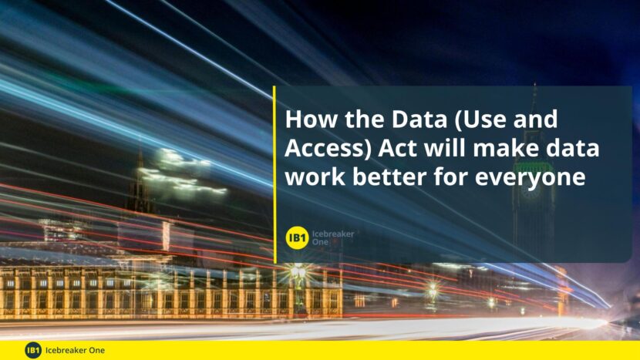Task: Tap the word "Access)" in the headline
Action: point(328,149)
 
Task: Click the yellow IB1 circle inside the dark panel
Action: point(297,237)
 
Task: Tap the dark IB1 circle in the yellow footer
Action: point(33,350)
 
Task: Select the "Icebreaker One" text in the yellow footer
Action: point(75,350)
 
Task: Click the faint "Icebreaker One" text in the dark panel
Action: point(333,237)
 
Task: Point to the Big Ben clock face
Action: point(531,190)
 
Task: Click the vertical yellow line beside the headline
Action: point(275,174)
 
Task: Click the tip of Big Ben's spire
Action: point(534,84)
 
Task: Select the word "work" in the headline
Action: point(315,177)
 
